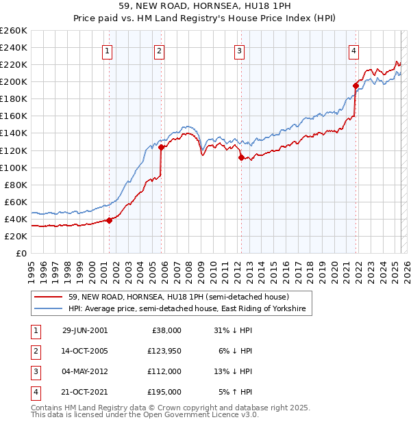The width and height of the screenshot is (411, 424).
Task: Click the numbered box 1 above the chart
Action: (108, 49)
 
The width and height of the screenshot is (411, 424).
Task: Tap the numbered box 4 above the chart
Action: (353, 49)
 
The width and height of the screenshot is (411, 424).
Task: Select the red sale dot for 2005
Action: (161, 147)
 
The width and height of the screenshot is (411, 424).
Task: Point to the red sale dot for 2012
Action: (241, 157)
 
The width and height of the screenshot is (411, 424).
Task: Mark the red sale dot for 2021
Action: (356, 85)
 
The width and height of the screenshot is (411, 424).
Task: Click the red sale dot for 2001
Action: (110, 220)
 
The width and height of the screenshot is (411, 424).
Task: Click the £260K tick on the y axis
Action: (13, 31)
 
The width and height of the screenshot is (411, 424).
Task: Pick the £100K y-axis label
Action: (13, 168)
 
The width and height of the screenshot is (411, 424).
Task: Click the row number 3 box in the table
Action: (34, 371)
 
